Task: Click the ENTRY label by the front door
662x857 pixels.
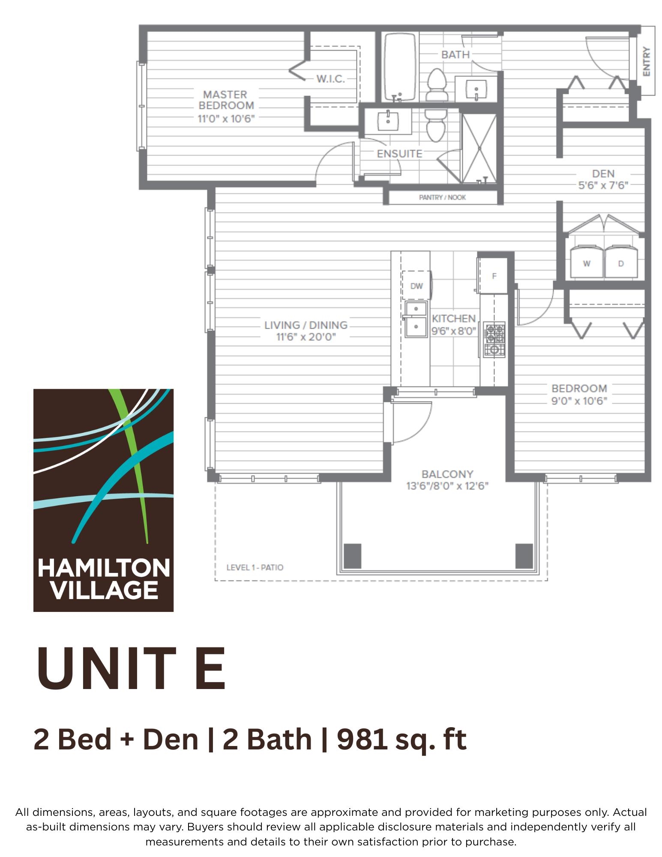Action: click(646, 61)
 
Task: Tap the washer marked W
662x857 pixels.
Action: click(587, 261)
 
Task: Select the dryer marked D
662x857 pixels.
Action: click(621, 261)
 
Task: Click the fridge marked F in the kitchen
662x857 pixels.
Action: click(494, 276)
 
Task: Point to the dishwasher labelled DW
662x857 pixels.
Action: click(416, 285)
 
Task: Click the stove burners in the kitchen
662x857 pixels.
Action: click(494, 339)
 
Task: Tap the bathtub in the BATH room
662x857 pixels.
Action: click(400, 67)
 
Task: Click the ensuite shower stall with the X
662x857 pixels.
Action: click(479, 148)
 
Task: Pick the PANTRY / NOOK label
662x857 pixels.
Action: click(442, 198)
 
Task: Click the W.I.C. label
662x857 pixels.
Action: click(330, 79)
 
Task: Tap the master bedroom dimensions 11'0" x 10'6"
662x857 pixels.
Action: click(226, 119)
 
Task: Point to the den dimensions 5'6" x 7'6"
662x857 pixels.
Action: click(603, 186)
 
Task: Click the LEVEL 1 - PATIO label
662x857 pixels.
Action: click(255, 567)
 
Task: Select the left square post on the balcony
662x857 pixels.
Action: click(353, 556)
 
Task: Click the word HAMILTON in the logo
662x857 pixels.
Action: click(104, 569)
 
